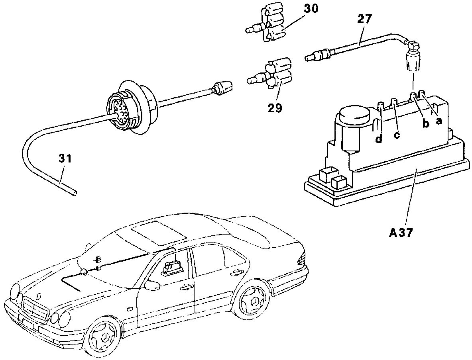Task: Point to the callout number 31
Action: (x=65, y=158)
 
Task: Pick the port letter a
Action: (x=439, y=121)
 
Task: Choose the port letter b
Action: (x=426, y=123)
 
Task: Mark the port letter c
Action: (x=397, y=135)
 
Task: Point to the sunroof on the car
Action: (x=158, y=233)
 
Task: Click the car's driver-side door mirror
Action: (x=152, y=286)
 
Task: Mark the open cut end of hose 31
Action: (x=74, y=194)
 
